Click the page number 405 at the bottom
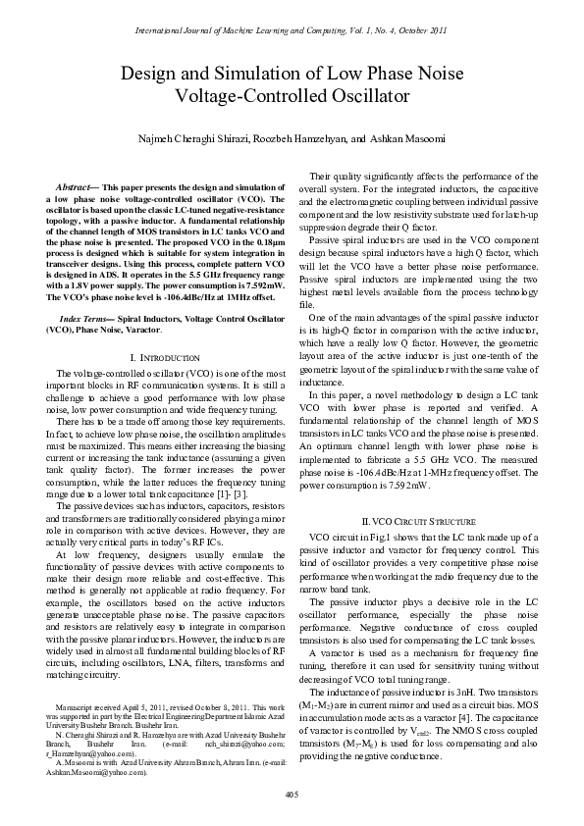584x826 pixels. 292,793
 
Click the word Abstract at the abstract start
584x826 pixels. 74,185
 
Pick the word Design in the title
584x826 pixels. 145,74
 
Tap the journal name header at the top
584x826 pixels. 292,30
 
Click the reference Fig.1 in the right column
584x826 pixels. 369,537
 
